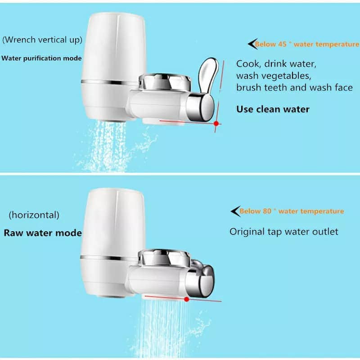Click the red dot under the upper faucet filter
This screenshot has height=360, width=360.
pyautogui.click(x=216, y=123)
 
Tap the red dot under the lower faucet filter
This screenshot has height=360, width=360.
pyautogui.click(x=187, y=299)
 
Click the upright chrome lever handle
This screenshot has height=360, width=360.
pyautogui.click(x=208, y=76)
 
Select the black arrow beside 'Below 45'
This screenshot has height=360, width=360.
pyautogui.click(x=252, y=44)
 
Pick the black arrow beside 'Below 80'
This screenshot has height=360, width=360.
pyautogui.click(x=235, y=211)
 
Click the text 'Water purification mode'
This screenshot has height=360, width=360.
pyautogui.click(x=41, y=58)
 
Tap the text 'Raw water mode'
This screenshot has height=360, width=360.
pyautogui.click(x=43, y=233)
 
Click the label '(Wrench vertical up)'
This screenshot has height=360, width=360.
pyautogui.click(x=42, y=40)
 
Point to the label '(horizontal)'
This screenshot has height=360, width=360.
pyautogui.click(x=34, y=215)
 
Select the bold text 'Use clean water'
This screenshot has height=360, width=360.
pyautogui.click(x=273, y=109)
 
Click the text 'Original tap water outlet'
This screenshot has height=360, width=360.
pyautogui.click(x=284, y=232)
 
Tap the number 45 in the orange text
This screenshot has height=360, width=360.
pyautogui.click(x=282, y=44)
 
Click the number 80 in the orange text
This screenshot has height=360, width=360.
pyautogui.click(x=267, y=211)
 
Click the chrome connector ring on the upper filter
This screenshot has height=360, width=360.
pyautogui.click(x=165, y=82)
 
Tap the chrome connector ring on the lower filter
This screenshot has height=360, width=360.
pyautogui.click(x=164, y=257)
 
